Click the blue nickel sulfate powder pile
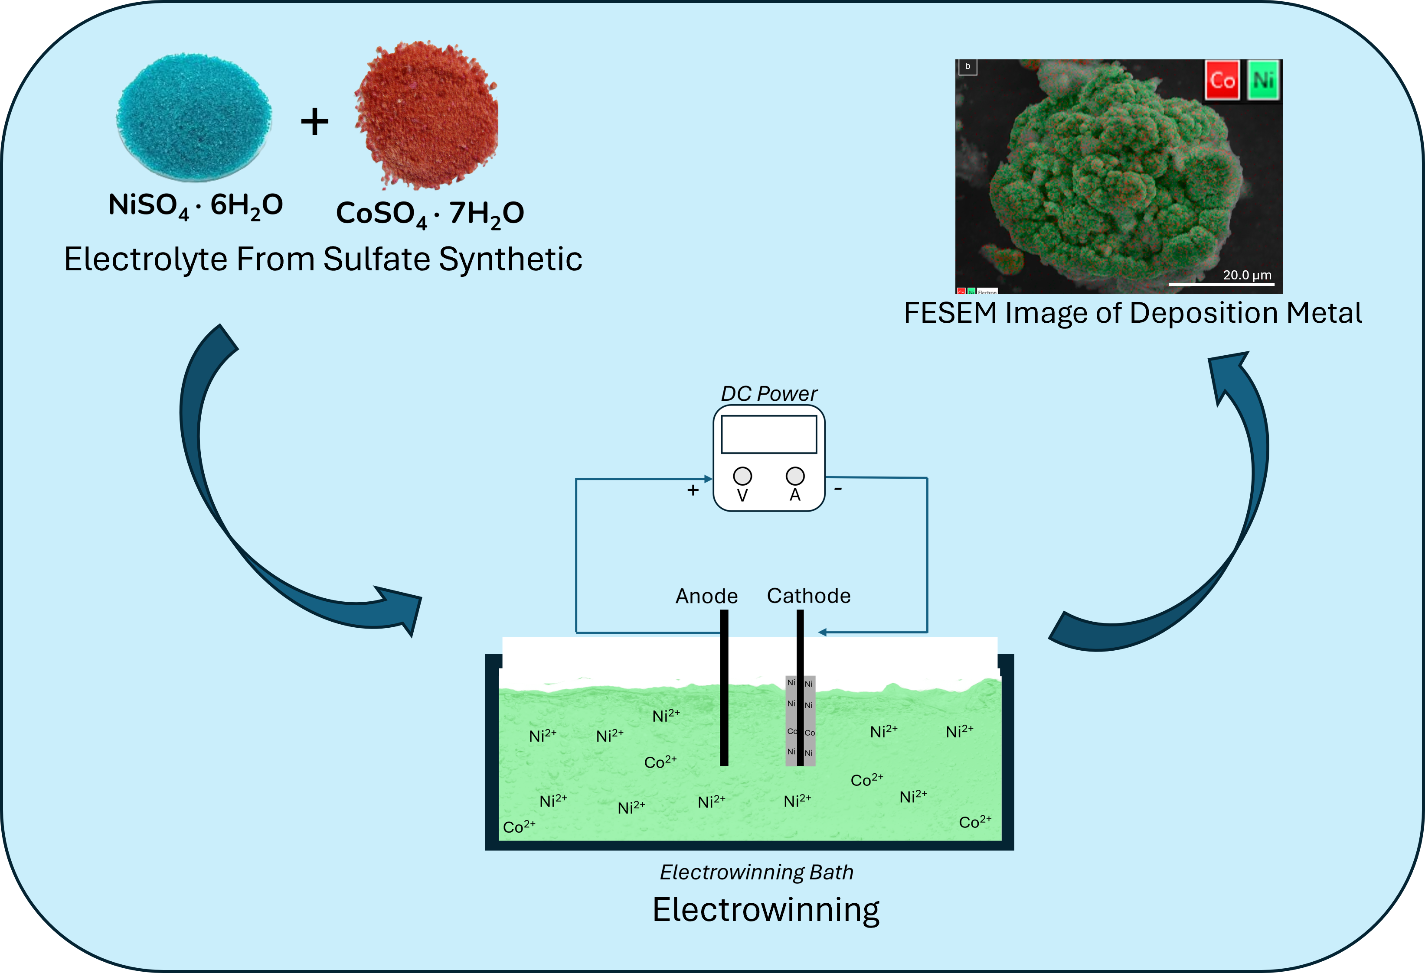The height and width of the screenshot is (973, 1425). point(194,117)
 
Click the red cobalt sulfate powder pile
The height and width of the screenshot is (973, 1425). point(428,114)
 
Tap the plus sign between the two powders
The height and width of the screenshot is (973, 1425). point(314,121)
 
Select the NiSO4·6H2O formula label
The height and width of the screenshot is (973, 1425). point(195,205)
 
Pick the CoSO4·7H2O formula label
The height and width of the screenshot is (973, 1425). point(430,213)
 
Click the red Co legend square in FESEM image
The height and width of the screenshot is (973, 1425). point(1222,80)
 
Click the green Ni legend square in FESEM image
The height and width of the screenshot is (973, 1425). point(1263,80)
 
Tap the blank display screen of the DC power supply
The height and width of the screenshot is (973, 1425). point(769,435)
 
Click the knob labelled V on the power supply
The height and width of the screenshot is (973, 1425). point(742,476)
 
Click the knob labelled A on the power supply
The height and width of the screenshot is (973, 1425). point(795,476)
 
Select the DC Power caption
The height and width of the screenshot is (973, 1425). point(769,393)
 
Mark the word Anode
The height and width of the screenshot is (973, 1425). point(706,596)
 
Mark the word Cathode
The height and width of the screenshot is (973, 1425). point(809,596)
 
